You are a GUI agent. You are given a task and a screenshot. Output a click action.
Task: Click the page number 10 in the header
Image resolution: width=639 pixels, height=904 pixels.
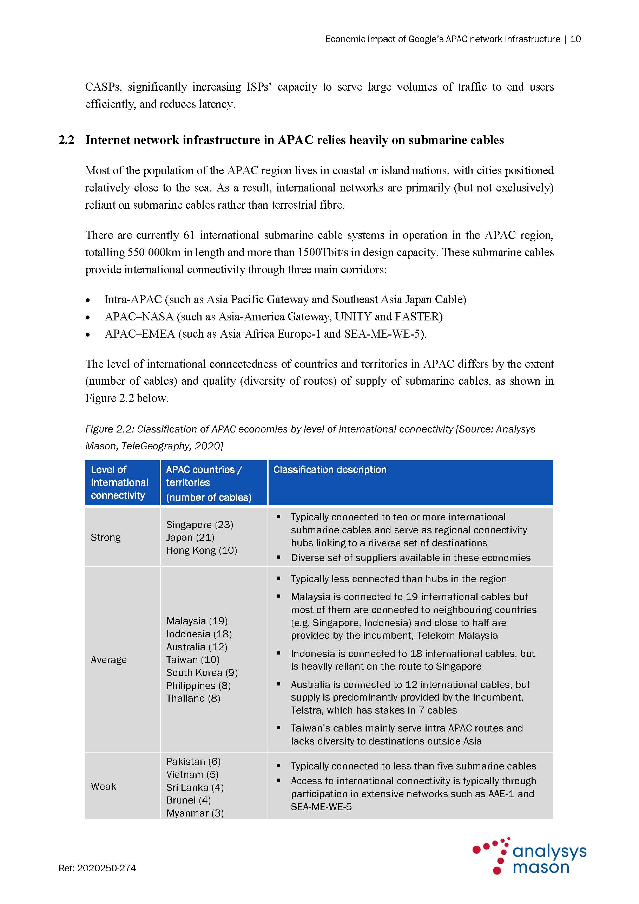point(575,39)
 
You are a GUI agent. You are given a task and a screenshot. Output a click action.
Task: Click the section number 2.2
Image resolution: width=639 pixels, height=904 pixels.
point(66,140)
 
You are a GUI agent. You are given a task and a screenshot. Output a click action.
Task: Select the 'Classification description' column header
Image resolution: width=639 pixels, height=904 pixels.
point(330,470)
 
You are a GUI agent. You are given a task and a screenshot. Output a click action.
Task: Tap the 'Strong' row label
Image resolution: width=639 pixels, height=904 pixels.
point(105,538)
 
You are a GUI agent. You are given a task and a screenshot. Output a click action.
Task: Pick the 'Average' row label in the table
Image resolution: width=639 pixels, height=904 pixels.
point(108,659)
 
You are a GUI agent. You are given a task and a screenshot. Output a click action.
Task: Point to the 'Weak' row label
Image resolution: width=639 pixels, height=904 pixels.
point(104,786)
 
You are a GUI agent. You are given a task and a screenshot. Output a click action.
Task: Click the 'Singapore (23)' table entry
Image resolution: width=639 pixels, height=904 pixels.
point(199,525)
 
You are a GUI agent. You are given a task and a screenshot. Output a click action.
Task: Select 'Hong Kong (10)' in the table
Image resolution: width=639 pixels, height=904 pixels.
point(202,551)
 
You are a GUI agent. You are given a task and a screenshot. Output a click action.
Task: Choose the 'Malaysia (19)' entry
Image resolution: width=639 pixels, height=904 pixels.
point(197,621)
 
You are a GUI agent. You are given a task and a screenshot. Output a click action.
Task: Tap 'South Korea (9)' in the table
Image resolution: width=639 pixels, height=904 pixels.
point(202,672)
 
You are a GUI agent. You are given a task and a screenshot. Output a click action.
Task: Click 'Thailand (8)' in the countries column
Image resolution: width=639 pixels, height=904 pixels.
point(193,698)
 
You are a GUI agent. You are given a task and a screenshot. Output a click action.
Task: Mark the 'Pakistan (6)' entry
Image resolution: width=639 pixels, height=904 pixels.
point(193,761)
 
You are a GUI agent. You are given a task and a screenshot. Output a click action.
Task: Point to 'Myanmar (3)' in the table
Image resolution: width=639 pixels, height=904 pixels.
point(195,813)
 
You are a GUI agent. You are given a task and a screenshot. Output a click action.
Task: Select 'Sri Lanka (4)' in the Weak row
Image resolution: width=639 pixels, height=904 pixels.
point(195,787)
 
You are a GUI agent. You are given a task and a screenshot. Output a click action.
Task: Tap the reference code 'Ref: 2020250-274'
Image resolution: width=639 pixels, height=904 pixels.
point(97,868)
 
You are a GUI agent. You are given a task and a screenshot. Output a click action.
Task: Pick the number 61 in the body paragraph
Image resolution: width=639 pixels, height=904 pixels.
point(189,235)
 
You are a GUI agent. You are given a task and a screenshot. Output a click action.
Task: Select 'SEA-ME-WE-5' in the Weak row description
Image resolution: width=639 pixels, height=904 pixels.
point(321,807)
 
